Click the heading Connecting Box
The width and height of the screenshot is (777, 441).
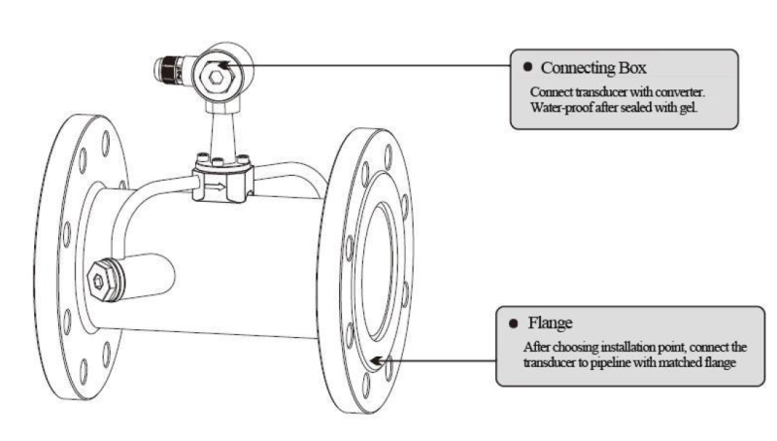(594, 69)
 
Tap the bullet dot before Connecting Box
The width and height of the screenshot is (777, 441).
(526, 68)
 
